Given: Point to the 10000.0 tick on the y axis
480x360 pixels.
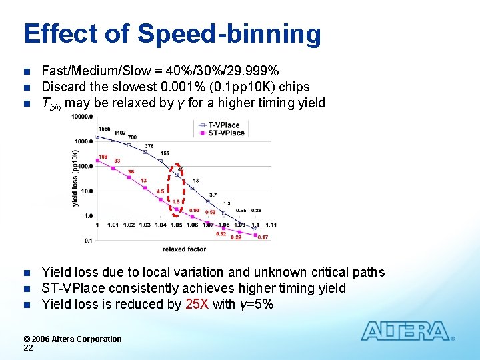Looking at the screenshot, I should pyautogui.click(x=83, y=117).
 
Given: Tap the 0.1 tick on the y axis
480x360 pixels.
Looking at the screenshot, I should pyautogui.click(x=88, y=240).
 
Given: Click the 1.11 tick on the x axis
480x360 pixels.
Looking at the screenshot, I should pyautogui.click(x=271, y=225).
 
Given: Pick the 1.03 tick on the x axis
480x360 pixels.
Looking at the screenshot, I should pyautogui.click(x=145, y=225).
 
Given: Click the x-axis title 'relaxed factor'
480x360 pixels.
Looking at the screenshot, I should pyautogui.click(x=184, y=249).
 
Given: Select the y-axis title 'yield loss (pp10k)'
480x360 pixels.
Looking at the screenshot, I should pyautogui.click(x=75, y=177).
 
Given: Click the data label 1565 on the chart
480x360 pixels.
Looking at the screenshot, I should pyautogui.click(x=104, y=129).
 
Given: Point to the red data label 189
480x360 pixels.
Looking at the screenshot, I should pyautogui.click(x=103, y=157).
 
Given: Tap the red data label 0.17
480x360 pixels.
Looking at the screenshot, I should pyautogui.click(x=263, y=237).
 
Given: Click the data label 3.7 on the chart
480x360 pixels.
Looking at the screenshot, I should pyautogui.click(x=213, y=195).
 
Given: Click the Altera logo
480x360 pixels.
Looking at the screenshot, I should pyautogui.click(x=407, y=331).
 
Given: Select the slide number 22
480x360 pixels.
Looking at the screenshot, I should pyautogui.click(x=28, y=348).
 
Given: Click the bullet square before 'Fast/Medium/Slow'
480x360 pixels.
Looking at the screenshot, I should pyautogui.click(x=27, y=71).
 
